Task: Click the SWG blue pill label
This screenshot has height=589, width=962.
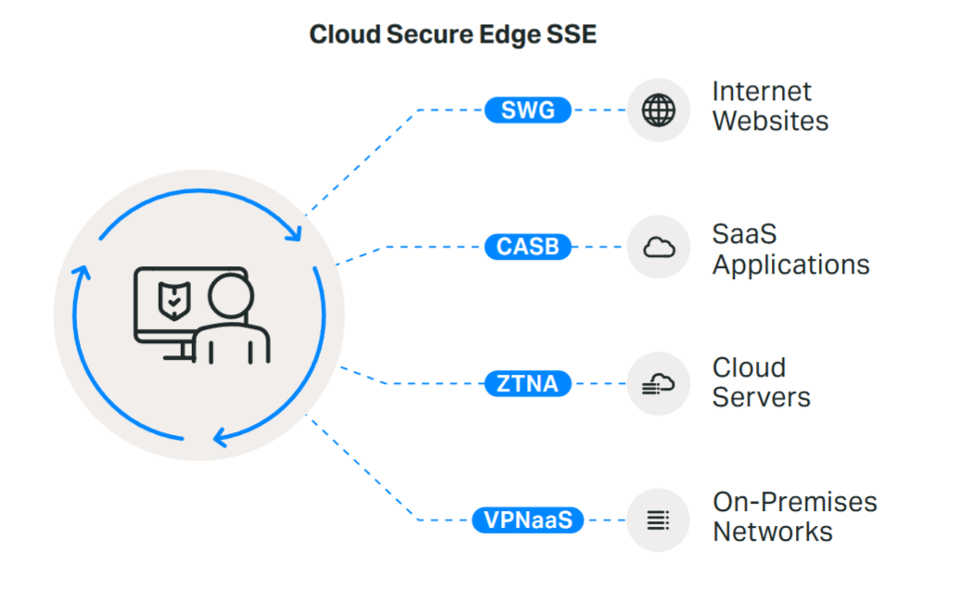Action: tap(528, 110)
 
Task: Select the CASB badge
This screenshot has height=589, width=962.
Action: tap(528, 248)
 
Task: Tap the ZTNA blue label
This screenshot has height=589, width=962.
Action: tap(528, 383)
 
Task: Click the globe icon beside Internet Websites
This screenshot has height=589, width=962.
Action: tap(659, 110)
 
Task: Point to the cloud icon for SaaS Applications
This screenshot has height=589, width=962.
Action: tap(659, 248)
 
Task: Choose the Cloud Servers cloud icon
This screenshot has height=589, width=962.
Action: tap(659, 383)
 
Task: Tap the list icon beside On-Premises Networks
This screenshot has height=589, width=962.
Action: tap(659, 519)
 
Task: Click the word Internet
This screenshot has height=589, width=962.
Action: tap(762, 92)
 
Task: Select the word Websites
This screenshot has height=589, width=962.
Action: tap(770, 122)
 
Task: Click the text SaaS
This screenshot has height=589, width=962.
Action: tap(744, 234)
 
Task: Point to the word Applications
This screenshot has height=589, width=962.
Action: tap(790, 265)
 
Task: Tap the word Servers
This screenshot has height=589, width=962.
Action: tap(761, 398)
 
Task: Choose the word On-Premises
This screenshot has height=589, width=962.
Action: tap(794, 503)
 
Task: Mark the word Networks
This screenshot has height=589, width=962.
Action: tap(772, 532)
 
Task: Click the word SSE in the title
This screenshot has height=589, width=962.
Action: tap(572, 34)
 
